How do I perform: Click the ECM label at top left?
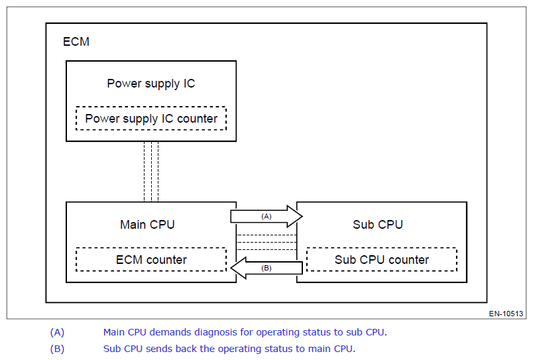click(76, 42)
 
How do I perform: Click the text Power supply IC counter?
click(151, 119)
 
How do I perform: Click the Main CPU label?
click(147, 224)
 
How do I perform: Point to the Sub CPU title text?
click(378, 224)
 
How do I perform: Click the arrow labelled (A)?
click(266, 216)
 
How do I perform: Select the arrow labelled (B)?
click(266, 268)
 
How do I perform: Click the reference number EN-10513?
click(506, 314)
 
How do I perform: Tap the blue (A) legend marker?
click(57, 332)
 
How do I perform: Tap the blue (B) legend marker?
click(57, 349)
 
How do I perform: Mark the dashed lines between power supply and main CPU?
click(151, 172)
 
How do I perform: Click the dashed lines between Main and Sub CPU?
click(266, 243)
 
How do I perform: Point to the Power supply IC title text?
click(151, 84)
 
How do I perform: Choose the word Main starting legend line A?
click(114, 332)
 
